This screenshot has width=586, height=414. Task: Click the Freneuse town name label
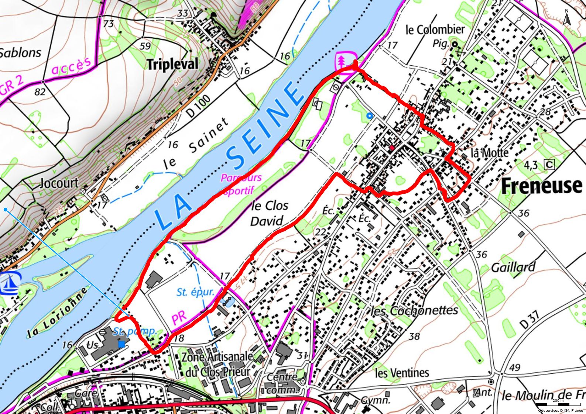[541, 186]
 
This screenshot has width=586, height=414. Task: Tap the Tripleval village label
[172, 65]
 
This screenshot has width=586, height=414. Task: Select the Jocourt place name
[59, 183]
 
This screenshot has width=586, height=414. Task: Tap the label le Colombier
[435, 30]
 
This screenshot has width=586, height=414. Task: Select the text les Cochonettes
[414, 311]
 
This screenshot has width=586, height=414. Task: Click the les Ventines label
[402, 373]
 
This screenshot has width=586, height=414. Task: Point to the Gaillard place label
[513, 267]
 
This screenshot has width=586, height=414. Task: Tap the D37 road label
[530, 320]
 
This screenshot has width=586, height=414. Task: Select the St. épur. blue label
[195, 292]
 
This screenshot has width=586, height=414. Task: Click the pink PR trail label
[179, 318]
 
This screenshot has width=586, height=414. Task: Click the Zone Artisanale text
[217, 357]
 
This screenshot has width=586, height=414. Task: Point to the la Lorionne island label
[57, 312]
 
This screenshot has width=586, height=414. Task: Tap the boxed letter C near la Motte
[549, 164]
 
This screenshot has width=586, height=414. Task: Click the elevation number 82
[40, 91]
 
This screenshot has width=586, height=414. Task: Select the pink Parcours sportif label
[241, 184]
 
